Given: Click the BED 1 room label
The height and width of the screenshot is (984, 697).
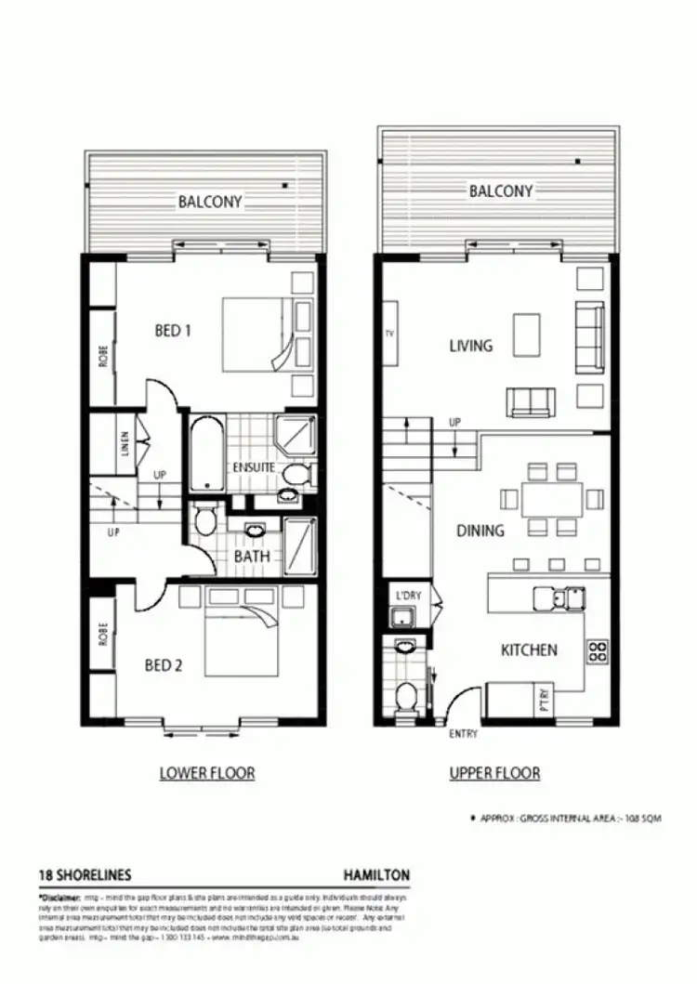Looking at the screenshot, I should point(172,329).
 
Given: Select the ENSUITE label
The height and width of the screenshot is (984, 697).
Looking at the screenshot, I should point(254,466).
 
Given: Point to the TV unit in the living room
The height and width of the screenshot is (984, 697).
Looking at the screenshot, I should point(390,333).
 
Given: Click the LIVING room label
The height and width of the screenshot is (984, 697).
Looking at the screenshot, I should point(470,346).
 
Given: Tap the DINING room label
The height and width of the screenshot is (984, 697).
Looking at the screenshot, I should point(480,531).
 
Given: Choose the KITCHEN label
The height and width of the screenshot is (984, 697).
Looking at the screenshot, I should point(529,650).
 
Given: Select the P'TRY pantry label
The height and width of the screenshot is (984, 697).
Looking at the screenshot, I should point(543,699).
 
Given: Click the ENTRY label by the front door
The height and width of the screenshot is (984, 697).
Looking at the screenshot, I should point(463,734).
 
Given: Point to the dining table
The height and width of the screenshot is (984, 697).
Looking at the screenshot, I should point(552,500).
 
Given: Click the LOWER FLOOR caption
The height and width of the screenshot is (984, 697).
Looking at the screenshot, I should point(206,773).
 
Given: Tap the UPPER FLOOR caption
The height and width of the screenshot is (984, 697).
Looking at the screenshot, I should point(494,773).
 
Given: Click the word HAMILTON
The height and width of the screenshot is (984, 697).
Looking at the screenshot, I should point(375,875).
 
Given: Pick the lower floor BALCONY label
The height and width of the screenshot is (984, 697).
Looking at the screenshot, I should point(210,201).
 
